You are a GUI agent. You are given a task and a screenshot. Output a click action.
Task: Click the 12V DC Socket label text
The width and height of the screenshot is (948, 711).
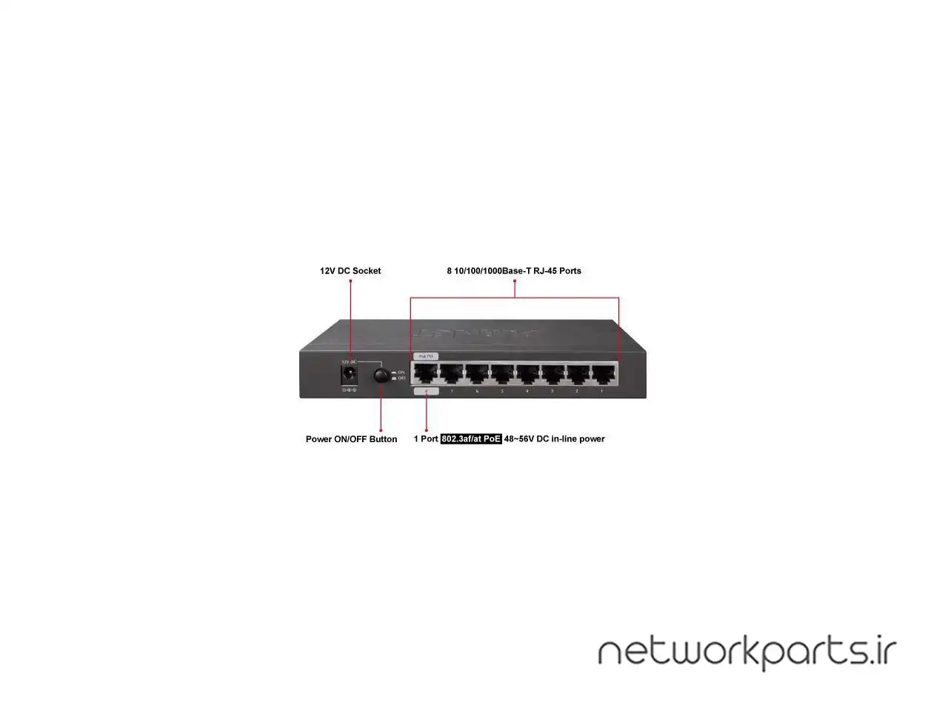coord(350,271)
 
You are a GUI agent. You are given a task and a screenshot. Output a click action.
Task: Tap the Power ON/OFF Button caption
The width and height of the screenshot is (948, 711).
coord(351,439)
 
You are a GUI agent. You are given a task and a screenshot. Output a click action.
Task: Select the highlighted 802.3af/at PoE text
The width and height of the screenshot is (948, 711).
coord(471,439)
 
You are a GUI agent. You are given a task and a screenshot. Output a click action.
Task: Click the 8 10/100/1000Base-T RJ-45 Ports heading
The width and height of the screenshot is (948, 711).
coord(514,271)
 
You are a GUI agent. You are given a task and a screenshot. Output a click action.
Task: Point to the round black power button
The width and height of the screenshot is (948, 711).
coord(381,375)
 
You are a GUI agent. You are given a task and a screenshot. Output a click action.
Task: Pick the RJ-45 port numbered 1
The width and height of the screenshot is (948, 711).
coord(603,373)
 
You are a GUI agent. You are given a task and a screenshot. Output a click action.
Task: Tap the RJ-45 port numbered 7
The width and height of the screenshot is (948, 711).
coord(451,373)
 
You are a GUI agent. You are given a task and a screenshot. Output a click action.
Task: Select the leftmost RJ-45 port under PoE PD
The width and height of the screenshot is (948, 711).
coord(426,373)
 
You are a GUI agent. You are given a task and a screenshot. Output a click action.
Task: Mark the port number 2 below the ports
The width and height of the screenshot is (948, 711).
coord(577,391)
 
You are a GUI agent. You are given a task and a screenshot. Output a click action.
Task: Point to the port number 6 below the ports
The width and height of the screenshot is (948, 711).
coord(476,391)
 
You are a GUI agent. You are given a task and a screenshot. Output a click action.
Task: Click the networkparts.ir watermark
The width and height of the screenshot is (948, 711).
coord(747,652)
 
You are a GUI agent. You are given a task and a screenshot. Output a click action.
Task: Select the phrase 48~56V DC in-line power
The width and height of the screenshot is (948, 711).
coord(554,439)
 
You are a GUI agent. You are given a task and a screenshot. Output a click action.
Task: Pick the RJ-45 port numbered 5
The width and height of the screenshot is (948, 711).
coord(501,373)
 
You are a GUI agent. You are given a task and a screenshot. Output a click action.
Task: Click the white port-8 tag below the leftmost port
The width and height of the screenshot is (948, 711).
coord(426,391)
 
